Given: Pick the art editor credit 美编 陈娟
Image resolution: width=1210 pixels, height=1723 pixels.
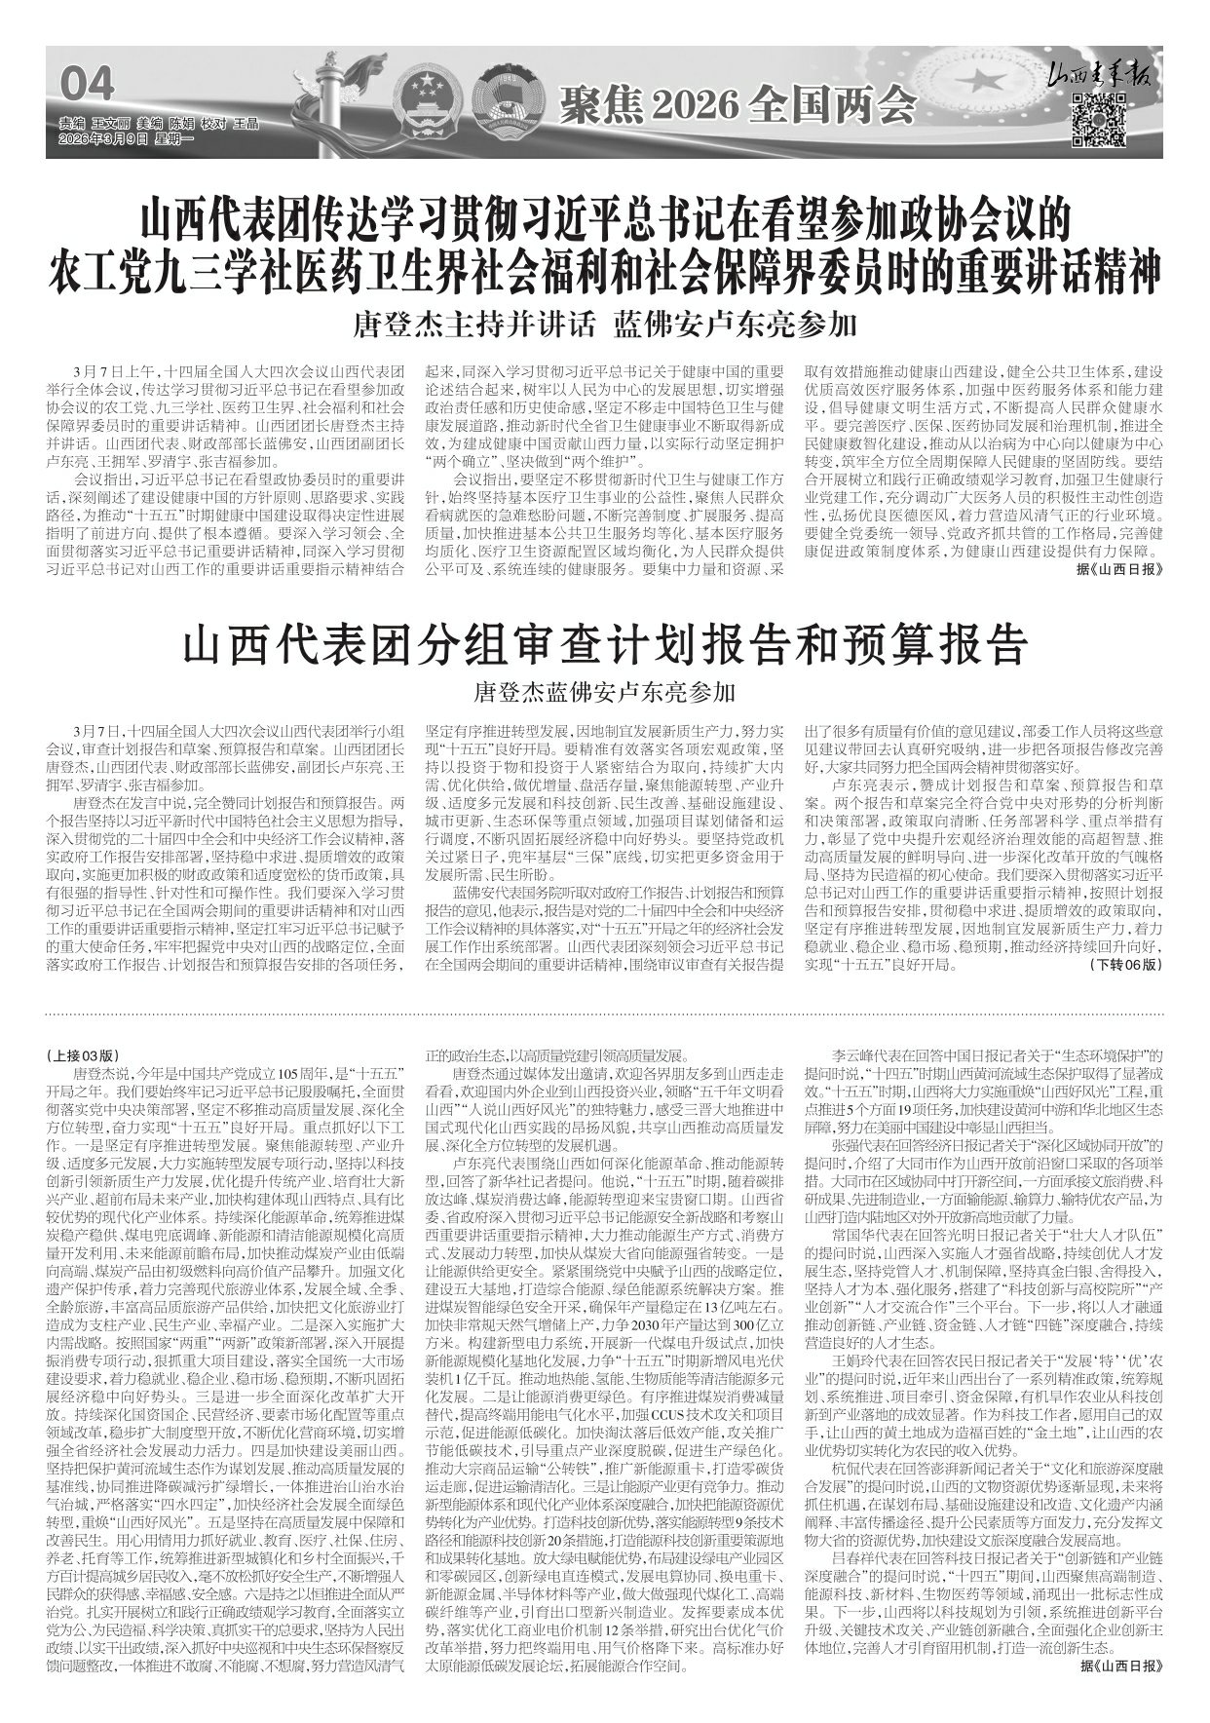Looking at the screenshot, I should click(x=165, y=125).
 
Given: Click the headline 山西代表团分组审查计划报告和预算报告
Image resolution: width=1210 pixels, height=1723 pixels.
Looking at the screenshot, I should click(x=604, y=645).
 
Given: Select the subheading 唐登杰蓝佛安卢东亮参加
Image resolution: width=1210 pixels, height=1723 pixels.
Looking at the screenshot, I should click(x=604, y=693).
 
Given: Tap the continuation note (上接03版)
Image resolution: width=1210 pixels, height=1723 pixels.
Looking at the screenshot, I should click(x=84, y=1055).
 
